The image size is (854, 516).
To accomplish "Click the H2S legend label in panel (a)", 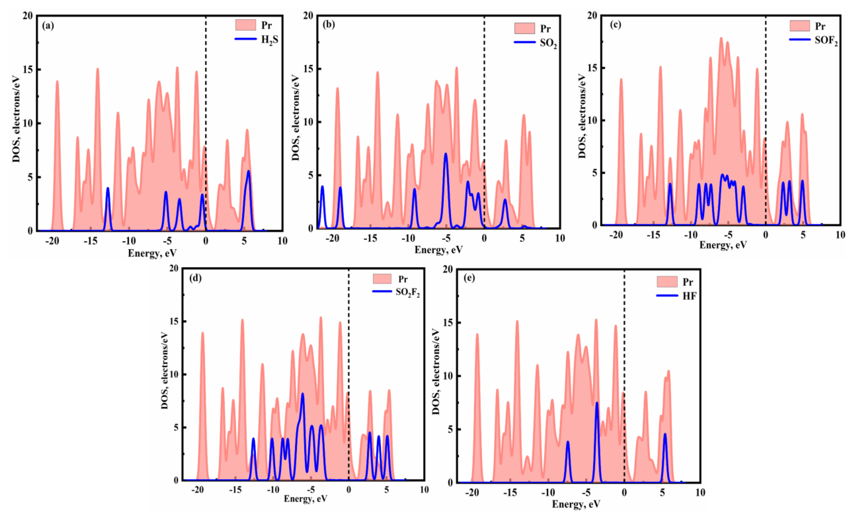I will coord(269,40).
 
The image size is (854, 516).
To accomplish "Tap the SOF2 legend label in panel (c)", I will coord(826,41).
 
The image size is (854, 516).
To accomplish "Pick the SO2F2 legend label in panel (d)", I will coord(408,293).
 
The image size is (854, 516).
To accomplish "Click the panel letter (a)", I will coord(48,26).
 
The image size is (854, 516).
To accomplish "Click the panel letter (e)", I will coord(469,278).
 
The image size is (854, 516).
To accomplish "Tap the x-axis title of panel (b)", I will coord(438,250).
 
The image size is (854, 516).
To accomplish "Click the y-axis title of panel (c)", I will coord(582,116).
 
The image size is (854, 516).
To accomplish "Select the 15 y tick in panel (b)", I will coord(308,69).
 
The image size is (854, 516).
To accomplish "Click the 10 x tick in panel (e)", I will coord(700,492).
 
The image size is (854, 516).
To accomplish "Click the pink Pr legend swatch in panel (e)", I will coord(667,282).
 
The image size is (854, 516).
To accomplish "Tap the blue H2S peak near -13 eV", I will coord(108,189).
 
